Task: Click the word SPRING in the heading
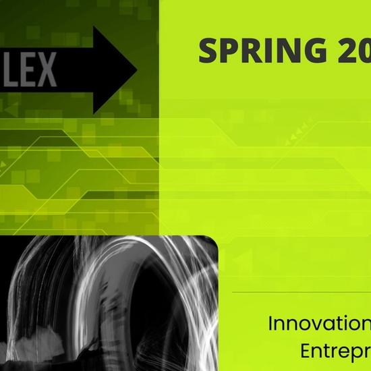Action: tap(266, 51)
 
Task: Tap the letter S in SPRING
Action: tap(210, 51)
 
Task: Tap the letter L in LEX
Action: tap(14, 70)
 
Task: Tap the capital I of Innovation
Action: tap(271, 323)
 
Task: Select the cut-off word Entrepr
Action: tap(334, 351)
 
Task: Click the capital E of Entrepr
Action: tap(304, 351)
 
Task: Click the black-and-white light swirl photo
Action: tap(108, 304)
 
